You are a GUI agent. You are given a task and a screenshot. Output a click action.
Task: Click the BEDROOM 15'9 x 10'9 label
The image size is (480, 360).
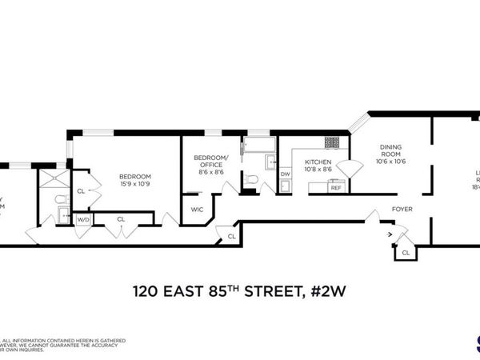[135, 180]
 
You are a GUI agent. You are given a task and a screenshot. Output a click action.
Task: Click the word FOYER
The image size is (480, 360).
[402, 210]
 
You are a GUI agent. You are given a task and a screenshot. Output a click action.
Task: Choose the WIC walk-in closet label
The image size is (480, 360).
[197, 210]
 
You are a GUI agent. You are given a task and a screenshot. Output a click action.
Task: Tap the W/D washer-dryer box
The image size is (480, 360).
[83, 219]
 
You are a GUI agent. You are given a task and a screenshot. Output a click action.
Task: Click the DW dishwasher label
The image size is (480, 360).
[286, 174]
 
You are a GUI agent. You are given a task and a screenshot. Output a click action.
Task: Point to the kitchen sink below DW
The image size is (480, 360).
[286, 187]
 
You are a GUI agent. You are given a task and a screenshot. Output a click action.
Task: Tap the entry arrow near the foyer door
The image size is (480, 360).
[390, 235]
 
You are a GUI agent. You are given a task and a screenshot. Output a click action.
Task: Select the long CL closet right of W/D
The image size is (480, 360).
[121, 218]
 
